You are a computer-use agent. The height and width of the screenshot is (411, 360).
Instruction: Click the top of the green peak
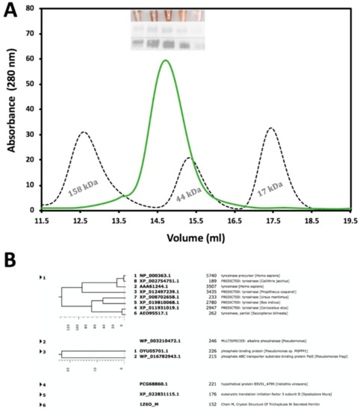pyautogui.click(x=165, y=61)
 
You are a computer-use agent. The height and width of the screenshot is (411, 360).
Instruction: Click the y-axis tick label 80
pyautogui.click(x=30, y=9)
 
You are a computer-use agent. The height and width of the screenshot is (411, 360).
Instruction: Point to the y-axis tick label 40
pyautogui.click(x=30, y=109)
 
